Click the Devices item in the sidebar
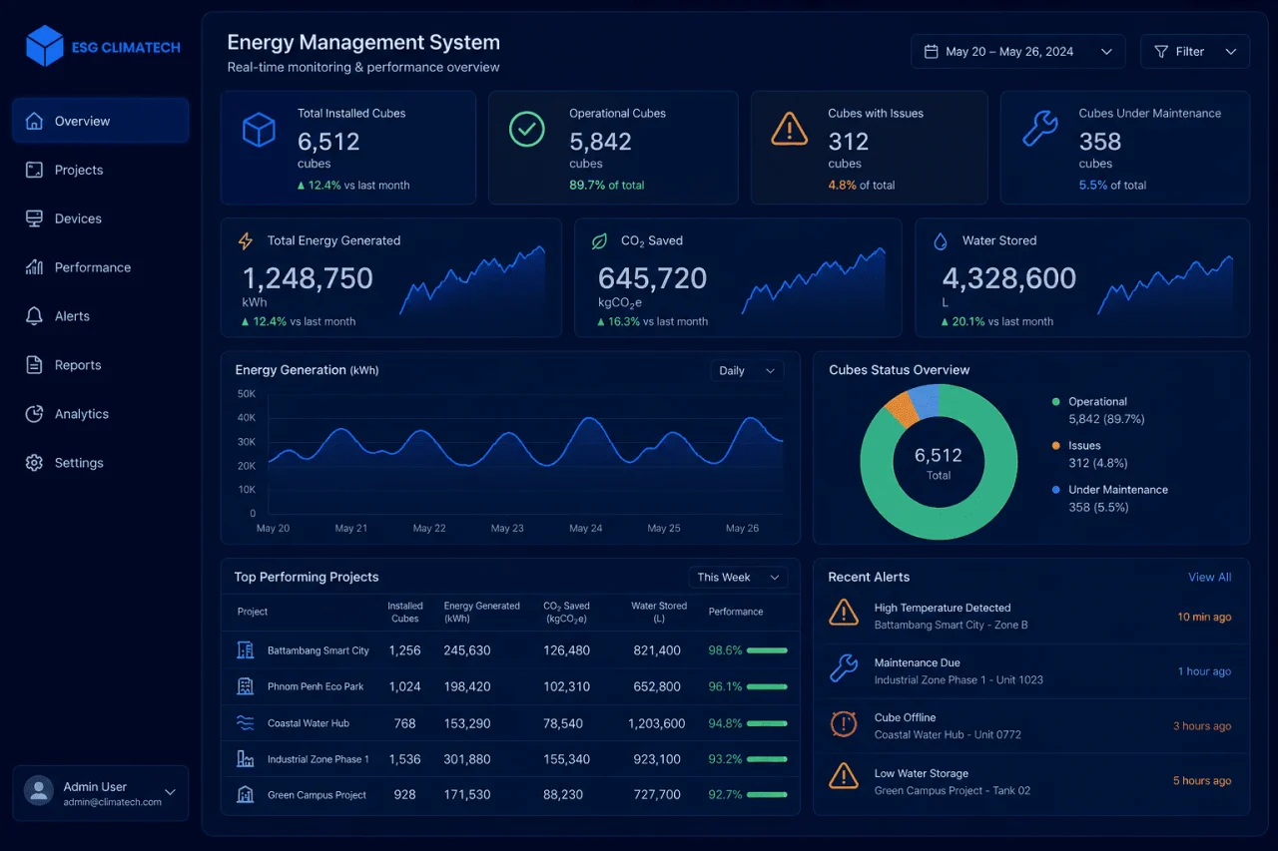[78, 218]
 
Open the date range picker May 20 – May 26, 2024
[1017, 51]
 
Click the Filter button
[1195, 51]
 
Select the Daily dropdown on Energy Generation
[747, 370]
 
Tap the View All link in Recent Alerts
[1209, 577]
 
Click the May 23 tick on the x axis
[507, 529]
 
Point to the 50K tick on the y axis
[247, 394]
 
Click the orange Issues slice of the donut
[902, 408]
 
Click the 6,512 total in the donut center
[938, 455]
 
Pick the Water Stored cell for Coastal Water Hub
[656, 723]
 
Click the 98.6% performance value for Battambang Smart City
[725, 650]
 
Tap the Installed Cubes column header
[405, 612]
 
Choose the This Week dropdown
[738, 577]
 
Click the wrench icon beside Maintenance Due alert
[844, 668]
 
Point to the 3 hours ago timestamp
[1202, 725]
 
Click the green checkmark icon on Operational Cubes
[526, 130]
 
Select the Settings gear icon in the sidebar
[34, 462]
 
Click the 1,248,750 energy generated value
[308, 278]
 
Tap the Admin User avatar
[39, 790]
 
